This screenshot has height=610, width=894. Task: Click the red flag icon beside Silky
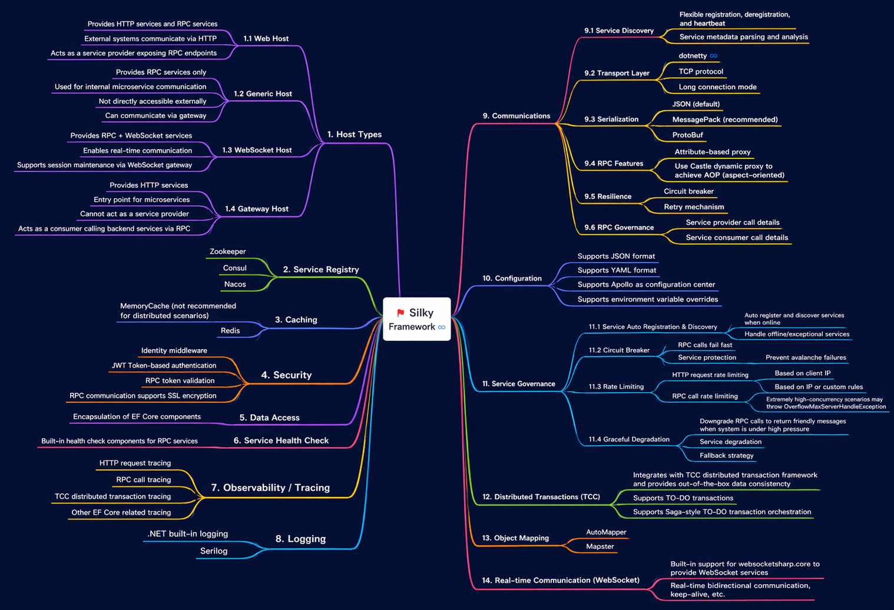(400, 313)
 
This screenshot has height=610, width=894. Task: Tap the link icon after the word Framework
(442, 327)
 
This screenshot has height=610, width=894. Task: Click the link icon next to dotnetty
(713, 56)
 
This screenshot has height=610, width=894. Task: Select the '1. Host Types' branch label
(354, 134)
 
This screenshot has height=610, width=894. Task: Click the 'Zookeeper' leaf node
(227, 251)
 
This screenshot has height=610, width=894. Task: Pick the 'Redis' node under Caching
(230, 330)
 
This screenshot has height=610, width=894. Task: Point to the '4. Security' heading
(286, 375)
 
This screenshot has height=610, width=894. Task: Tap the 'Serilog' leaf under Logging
(213, 551)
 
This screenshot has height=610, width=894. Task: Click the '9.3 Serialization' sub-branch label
(611, 119)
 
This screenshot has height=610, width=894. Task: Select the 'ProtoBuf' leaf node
(687, 135)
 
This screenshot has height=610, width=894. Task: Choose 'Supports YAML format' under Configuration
(617, 270)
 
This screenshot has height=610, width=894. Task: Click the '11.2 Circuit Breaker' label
(619, 350)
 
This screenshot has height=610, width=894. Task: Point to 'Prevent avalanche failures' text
(805, 357)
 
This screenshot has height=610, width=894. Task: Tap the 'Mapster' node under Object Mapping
(600, 546)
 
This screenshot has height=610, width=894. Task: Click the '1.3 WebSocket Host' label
(257, 150)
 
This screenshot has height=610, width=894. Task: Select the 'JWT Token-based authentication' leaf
(164, 366)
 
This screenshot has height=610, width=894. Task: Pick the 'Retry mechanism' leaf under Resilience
(693, 207)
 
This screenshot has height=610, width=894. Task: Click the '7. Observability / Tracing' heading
(270, 488)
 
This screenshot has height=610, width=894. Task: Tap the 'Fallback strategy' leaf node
(726, 455)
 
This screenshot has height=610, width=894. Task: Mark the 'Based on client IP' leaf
(802, 373)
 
